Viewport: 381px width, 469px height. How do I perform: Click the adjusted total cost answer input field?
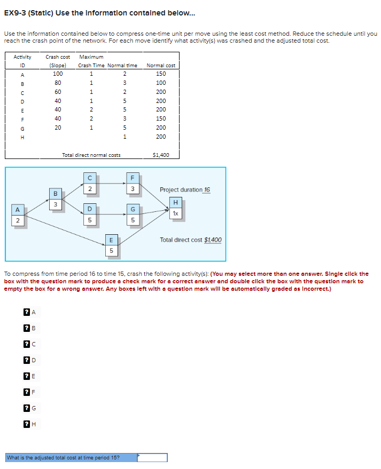tap(152, 457)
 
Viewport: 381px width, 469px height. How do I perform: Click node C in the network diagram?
tap(90, 183)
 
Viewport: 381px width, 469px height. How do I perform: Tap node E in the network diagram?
tap(111, 245)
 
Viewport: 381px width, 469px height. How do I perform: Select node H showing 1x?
tap(175, 208)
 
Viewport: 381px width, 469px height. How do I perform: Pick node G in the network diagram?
tap(132, 214)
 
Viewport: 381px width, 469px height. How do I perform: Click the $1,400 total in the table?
tap(161, 155)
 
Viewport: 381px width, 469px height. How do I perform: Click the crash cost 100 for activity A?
tap(58, 74)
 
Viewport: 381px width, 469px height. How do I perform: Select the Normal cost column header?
tap(161, 65)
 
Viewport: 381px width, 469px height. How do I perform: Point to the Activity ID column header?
tap(22, 61)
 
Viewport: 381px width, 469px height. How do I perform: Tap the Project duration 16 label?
tap(184, 189)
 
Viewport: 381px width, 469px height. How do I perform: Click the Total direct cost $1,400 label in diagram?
tap(191, 240)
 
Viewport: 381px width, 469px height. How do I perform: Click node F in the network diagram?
tap(132, 183)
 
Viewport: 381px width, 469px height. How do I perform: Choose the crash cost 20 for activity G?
tap(58, 128)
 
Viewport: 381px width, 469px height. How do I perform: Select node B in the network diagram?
tap(55, 198)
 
